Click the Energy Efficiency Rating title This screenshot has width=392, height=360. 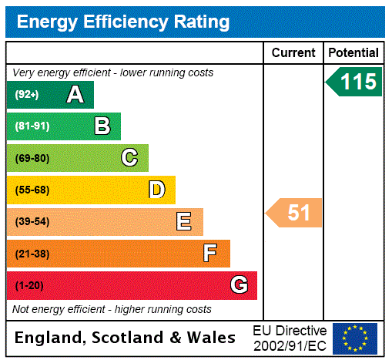coord(122,22)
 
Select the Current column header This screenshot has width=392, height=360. coord(293,52)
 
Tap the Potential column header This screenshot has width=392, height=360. coord(353,52)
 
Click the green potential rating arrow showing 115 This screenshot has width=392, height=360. coord(354,82)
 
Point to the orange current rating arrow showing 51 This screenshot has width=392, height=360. coord(294,213)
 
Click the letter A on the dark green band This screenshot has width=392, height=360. coord(75,95)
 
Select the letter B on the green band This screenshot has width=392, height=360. coord(102,126)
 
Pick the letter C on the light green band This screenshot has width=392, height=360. coord(129,158)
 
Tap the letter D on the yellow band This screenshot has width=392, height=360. coord(156,190)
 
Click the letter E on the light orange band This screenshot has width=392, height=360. coord(184,222)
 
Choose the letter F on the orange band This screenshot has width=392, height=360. coord(209,254)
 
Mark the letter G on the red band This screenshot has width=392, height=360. coord(239,285)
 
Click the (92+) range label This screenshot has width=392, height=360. coord(27,95)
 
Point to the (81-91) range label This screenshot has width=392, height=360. coord(32,126)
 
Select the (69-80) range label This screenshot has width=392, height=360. coord(32,158)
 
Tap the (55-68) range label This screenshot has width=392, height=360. coord(32,190)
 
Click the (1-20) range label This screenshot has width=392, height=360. coord(29,285)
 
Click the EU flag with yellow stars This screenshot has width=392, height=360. coord(355,338)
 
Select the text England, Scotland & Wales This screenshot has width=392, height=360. coord(126,338)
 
